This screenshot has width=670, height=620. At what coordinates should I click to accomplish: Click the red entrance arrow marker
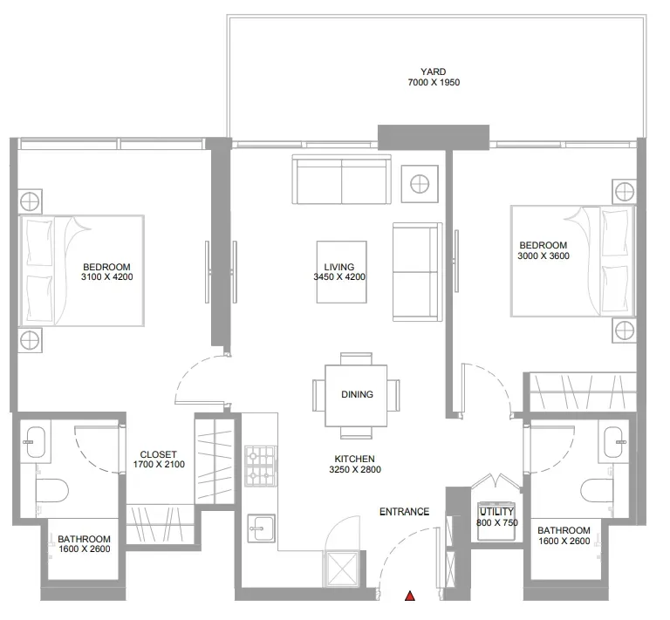[410, 596]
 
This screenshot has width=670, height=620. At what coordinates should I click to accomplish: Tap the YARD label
[433, 72]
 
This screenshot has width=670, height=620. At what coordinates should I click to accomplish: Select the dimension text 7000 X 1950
[434, 82]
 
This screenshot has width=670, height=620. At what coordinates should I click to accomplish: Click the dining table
[356, 395]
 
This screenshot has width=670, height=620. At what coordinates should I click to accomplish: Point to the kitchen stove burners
[261, 466]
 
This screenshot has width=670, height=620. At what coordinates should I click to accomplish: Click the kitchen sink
[261, 528]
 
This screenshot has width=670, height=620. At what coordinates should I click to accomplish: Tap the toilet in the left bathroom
[52, 490]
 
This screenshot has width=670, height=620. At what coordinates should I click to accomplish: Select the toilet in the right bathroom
[598, 490]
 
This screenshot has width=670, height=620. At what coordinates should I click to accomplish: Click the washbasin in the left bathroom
[36, 441]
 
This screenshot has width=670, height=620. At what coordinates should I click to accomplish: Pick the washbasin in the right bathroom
[614, 441]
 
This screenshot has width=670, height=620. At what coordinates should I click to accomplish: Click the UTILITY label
[496, 511]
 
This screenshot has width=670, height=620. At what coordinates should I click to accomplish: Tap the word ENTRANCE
[404, 511]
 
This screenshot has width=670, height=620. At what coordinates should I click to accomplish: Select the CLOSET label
[158, 454]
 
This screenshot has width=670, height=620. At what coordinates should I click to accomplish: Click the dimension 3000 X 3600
[544, 255]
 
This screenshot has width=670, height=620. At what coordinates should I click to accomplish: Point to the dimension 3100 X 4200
[106, 276]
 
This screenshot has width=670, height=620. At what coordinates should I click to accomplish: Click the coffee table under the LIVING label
[341, 272]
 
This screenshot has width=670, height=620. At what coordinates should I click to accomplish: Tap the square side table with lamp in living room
[420, 184]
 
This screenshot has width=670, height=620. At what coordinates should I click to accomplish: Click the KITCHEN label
[355, 459]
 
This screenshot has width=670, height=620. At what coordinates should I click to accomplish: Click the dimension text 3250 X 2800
[355, 469]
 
